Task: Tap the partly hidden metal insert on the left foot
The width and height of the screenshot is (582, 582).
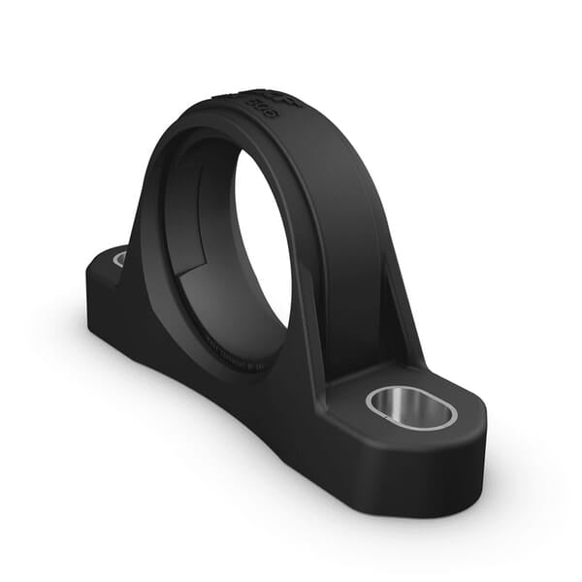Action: [x=119, y=258]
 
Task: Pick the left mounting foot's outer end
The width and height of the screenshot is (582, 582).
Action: [x=97, y=281]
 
